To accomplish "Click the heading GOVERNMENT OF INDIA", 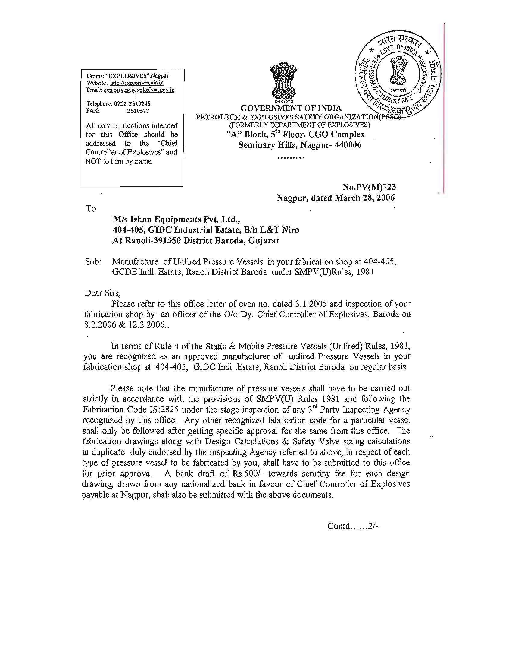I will coord(291,108).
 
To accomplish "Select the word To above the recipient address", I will coord(91,209).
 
